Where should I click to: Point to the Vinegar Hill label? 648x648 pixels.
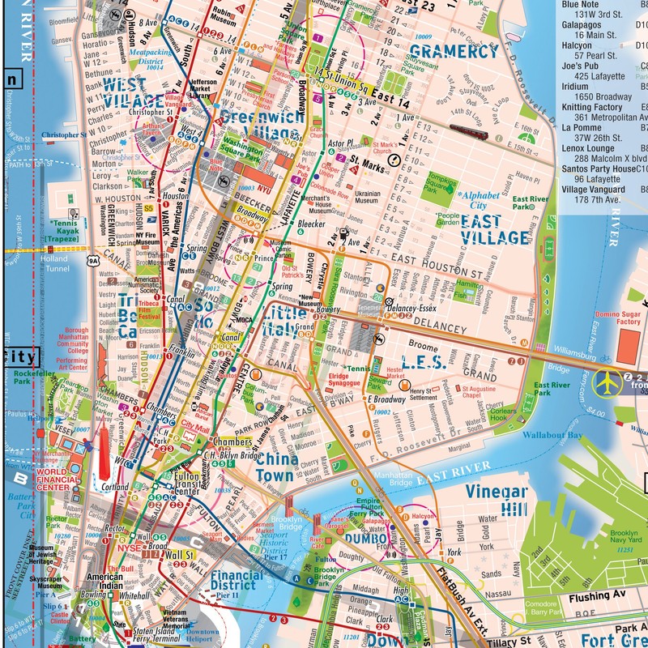click(x=497, y=501)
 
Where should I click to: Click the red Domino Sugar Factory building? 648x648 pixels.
click(x=629, y=345)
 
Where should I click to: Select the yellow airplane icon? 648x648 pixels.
click(x=606, y=380)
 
